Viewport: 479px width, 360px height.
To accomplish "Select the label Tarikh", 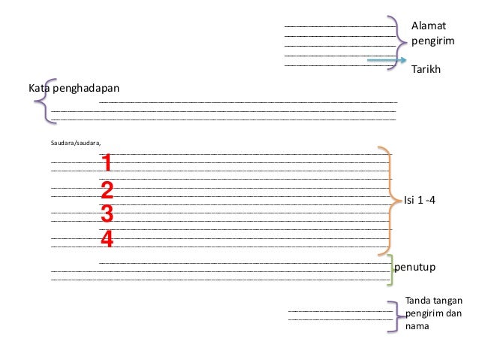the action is [x=426, y=69].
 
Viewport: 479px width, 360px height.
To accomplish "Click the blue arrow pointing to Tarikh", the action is [x=387, y=61].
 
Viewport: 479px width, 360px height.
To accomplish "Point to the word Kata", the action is [x=39, y=87].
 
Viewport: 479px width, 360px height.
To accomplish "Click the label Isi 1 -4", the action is [x=420, y=201].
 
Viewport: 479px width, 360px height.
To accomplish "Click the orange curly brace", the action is [x=389, y=200].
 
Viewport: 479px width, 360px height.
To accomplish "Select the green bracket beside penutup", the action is [x=390, y=270].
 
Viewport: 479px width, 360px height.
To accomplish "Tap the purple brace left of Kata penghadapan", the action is [x=44, y=99].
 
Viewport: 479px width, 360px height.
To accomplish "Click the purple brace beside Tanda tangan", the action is [x=398, y=315].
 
